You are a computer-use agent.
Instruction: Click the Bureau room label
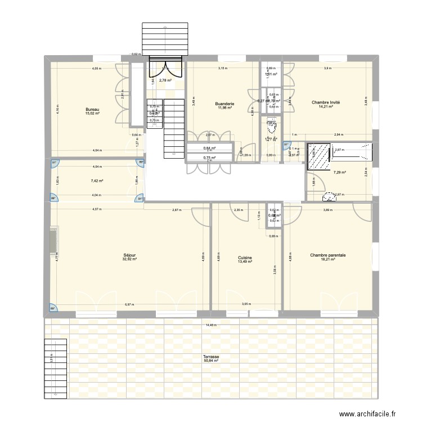click(92, 109)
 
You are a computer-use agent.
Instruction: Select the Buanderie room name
click(225, 104)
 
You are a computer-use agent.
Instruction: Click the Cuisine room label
click(245, 258)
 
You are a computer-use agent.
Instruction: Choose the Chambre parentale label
click(327, 255)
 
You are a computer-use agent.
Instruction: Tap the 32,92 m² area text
click(130, 260)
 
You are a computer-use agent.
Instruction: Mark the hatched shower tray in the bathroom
click(319, 156)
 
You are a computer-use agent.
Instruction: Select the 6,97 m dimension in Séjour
click(129, 304)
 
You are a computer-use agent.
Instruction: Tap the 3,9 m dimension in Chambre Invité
click(327, 68)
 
